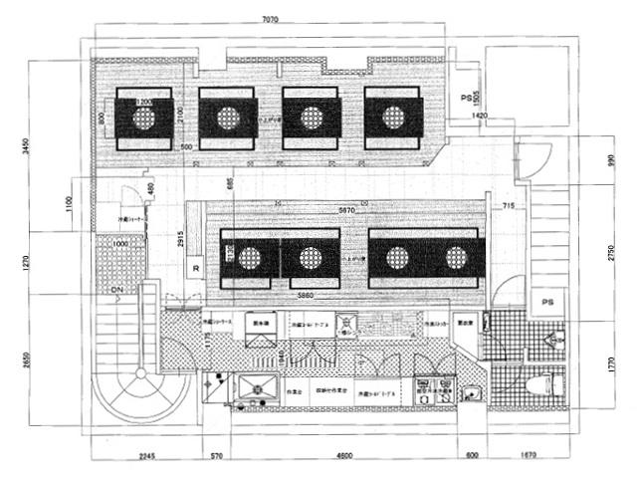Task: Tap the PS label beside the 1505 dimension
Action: [464, 99]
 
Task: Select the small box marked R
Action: [197, 269]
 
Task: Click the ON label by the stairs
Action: [116, 291]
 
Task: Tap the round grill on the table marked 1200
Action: [145, 119]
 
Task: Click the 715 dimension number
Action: [508, 206]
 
